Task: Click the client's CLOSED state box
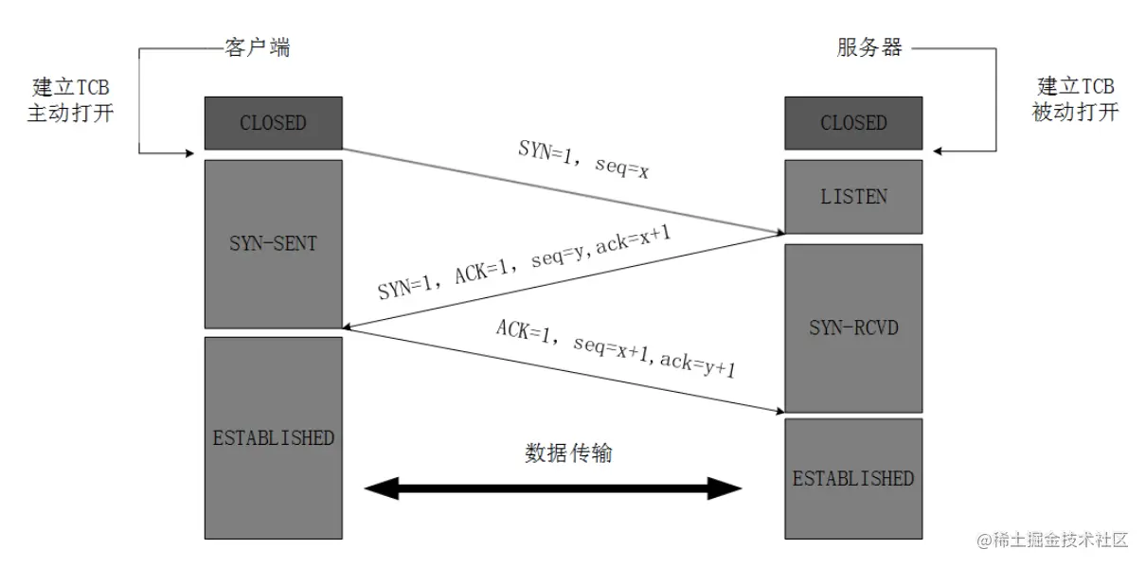point(273,123)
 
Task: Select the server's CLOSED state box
point(853,123)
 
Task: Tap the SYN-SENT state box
point(273,244)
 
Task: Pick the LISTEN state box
point(853,197)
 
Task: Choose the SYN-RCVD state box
point(853,328)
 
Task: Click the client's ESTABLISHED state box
point(273,437)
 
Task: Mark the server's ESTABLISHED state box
point(853,479)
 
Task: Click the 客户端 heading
point(258,47)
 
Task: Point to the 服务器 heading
point(869,47)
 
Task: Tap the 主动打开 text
point(71,113)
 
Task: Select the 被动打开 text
point(1075,112)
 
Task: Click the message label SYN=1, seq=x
point(583,159)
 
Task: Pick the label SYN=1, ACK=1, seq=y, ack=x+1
point(524,262)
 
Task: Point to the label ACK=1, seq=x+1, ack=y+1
point(616,348)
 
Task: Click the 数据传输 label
point(568,453)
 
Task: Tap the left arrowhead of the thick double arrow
point(381,488)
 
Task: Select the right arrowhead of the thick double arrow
point(725,488)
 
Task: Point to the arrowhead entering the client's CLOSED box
point(189,152)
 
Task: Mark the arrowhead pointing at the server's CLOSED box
point(938,151)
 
